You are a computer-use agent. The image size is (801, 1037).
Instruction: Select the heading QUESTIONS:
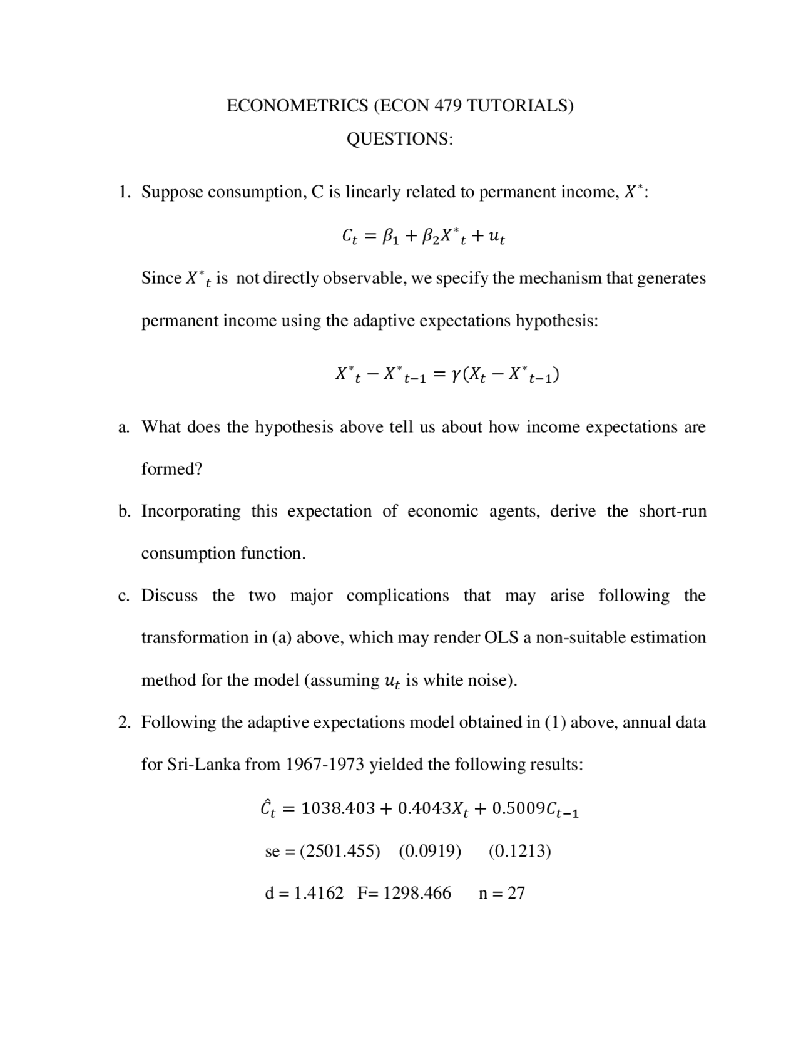click(x=399, y=139)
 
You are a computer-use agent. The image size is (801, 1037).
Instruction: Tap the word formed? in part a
click(x=172, y=469)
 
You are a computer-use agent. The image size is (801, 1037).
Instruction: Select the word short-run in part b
click(x=672, y=511)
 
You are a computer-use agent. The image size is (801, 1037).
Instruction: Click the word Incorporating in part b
click(x=191, y=511)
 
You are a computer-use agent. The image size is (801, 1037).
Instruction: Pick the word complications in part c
click(x=397, y=596)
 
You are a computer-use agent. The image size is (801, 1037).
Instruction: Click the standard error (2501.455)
click(x=340, y=851)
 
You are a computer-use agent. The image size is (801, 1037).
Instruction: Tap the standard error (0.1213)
click(x=519, y=851)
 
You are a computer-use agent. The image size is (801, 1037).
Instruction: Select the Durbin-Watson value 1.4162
click(x=319, y=893)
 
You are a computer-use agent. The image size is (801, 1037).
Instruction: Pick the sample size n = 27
click(x=501, y=893)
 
